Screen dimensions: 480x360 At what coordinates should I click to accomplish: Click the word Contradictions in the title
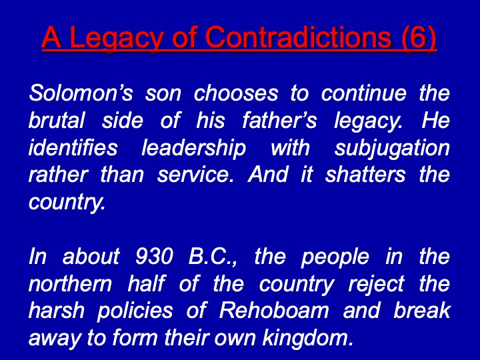click(x=300, y=37)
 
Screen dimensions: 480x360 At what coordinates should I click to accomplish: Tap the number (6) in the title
click(x=419, y=38)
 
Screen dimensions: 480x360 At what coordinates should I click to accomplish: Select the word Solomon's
click(x=81, y=93)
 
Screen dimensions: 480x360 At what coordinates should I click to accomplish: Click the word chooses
click(x=236, y=93)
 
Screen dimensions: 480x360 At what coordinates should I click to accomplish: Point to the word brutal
click(x=57, y=120)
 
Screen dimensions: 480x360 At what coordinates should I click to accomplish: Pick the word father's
click(x=279, y=120)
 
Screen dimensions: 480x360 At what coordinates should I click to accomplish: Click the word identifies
click(x=73, y=147)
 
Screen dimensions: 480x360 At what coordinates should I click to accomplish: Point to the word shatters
click(x=365, y=175)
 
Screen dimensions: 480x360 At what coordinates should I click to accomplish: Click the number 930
click(x=154, y=256)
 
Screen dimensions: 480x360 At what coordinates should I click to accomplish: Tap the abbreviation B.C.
click(x=211, y=256)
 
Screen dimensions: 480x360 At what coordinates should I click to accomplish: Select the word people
click(x=335, y=257)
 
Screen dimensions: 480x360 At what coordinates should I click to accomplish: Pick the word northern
click(x=70, y=284)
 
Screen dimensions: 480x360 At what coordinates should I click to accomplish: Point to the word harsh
click(x=56, y=311)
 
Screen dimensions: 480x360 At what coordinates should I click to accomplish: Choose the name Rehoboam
click(x=274, y=311)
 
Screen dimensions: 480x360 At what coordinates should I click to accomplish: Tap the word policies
click(x=135, y=311)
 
